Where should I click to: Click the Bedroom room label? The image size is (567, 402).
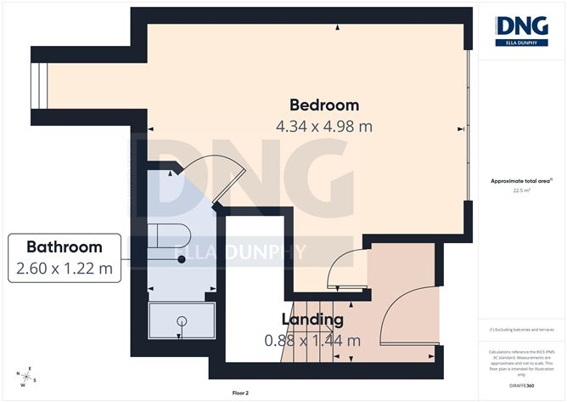[x=324, y=105]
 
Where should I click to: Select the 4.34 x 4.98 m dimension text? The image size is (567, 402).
[x=324, y=126]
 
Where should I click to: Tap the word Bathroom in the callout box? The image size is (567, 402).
[x=65, y=247]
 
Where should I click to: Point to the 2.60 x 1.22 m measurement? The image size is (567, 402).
[x=65, y=269]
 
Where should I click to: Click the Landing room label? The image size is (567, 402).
[x=313, y=320]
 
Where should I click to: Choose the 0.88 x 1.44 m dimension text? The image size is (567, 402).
[x=312, y=341]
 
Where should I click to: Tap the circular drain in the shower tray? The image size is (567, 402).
[x=181, y=321]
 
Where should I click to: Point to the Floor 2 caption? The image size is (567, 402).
[x=243, y=394]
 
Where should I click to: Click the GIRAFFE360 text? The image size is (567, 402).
[x=522, y=385]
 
